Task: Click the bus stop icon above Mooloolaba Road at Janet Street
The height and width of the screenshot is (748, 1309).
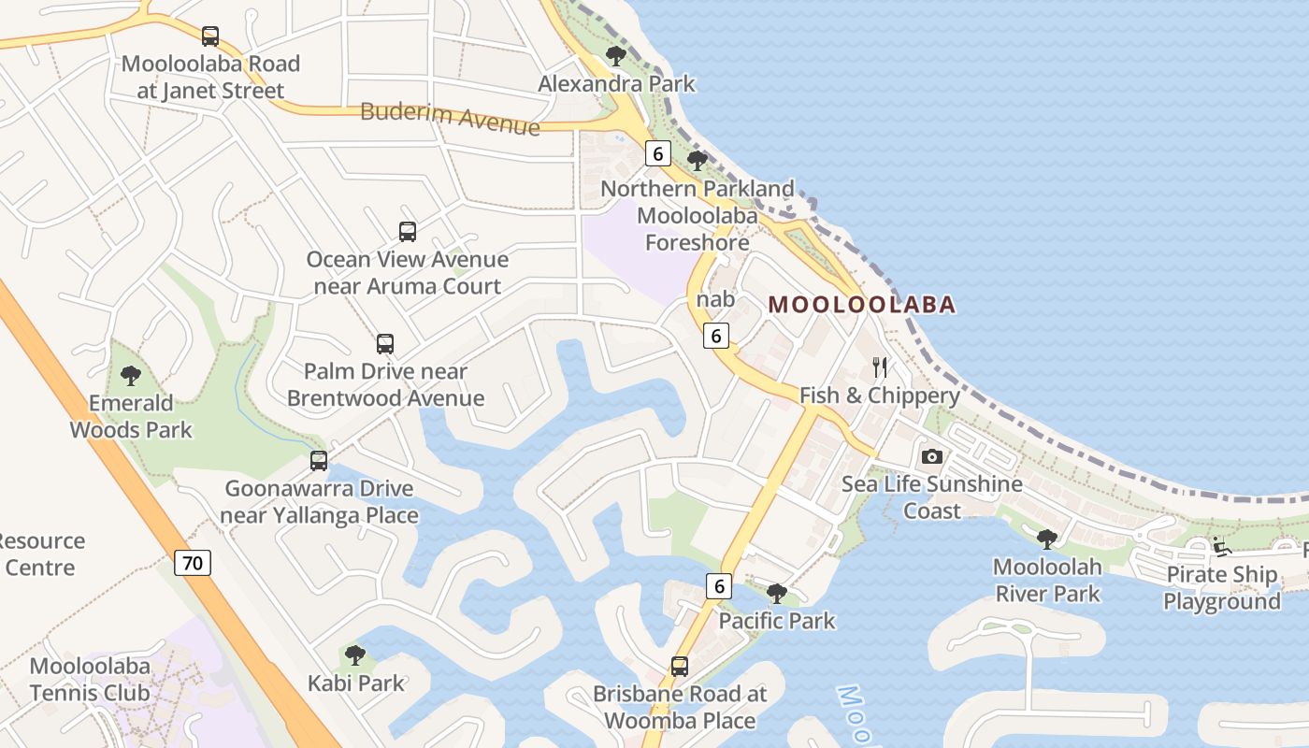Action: click(x=210, y=36)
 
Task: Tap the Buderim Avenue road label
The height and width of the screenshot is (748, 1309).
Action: click(x=450, y=119)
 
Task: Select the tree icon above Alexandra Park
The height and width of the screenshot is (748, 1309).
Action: click(x=615, y=56)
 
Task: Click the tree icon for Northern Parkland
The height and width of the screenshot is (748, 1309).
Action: click(x=697, y=161)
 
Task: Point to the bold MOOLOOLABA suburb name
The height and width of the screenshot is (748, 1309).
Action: click(x=862, y=305)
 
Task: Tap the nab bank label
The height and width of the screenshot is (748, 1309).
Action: click(x=715, y=300)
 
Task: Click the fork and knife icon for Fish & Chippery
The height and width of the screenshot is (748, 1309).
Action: click(x=879, y=367)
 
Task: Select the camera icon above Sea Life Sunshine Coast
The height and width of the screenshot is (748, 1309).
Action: click(x=931, y=456)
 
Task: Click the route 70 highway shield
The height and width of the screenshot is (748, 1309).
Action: click(x=193, y=563)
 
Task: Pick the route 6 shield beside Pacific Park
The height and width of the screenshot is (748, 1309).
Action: click(x=718, y=586)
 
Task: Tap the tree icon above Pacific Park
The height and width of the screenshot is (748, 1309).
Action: click(x=776, y=593)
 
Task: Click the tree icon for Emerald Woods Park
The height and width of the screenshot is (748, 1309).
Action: click(x=131, y=376)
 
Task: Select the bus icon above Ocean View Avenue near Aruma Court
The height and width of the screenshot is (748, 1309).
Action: click(x=407, y=231)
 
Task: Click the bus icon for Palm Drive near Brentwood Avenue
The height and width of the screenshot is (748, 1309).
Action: click(x=385, y=343)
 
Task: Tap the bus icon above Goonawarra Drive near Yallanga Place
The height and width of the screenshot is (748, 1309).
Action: click(x=319, y=460)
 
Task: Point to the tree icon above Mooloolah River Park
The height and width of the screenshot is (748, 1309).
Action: click(x=1047, y=539)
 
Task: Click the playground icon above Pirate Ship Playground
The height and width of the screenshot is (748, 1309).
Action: click(x=1221, y=546)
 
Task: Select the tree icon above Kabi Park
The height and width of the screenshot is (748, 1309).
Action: click(x=355, y=655)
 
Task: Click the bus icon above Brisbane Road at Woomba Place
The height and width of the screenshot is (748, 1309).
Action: click(x=680, y=667)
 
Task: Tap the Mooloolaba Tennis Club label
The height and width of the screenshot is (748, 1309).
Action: click(x=90, y=680)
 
